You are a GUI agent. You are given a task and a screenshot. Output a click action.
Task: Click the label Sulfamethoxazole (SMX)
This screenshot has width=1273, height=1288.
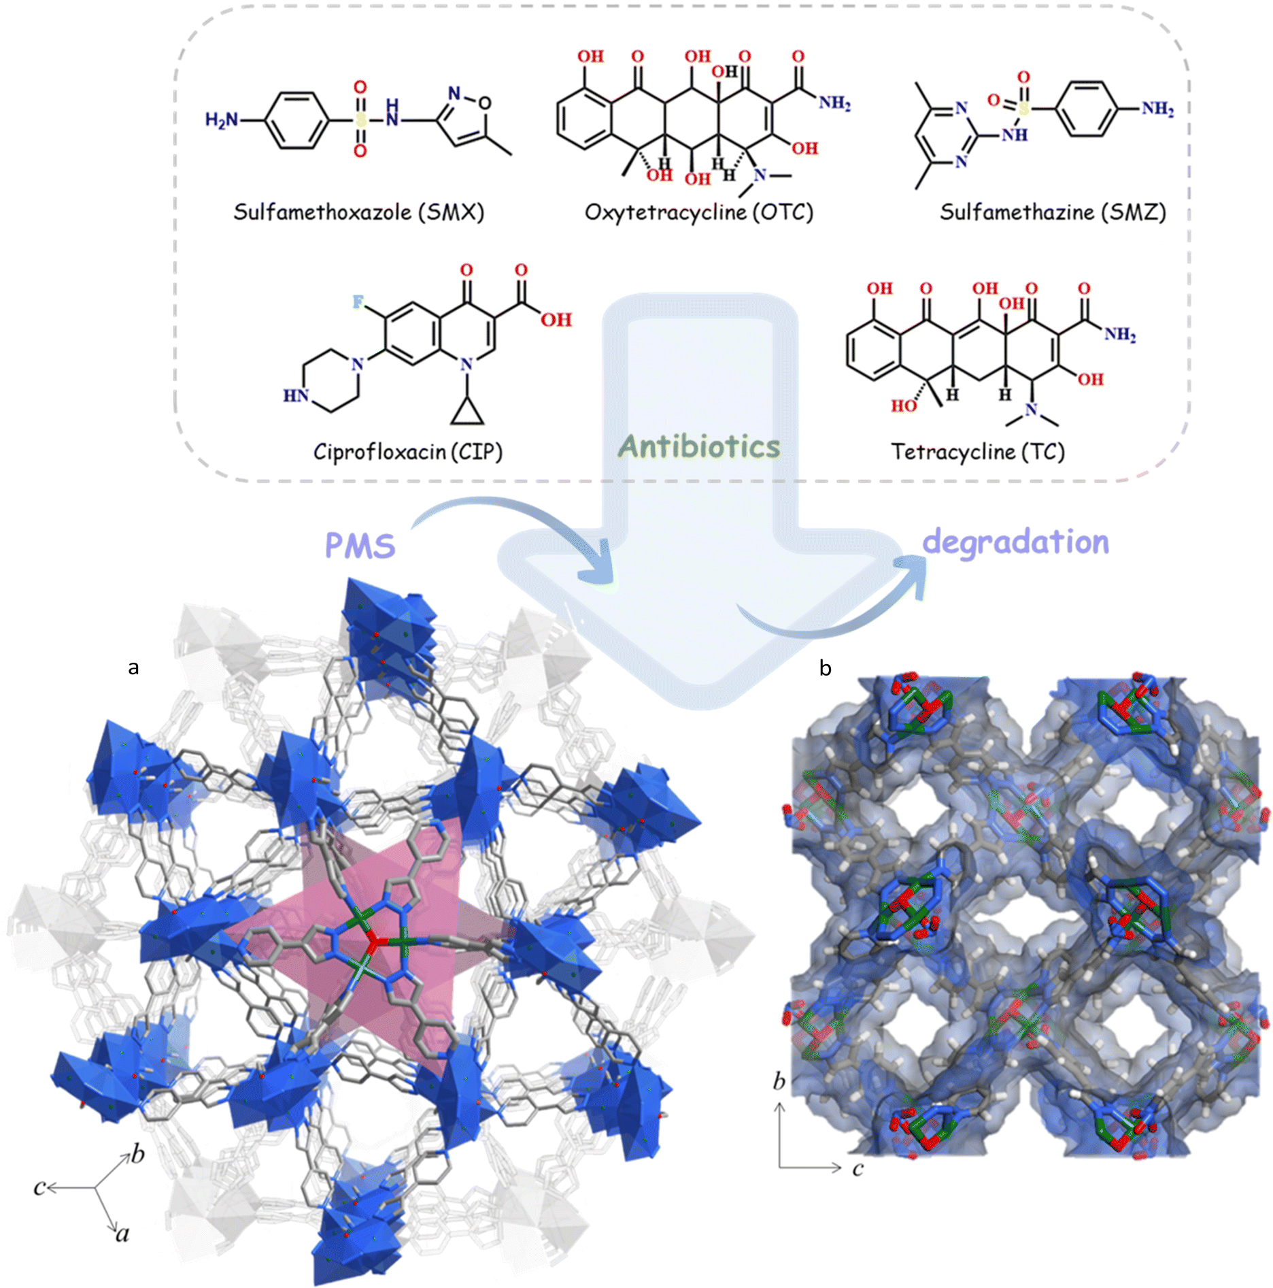[x=359, y=212]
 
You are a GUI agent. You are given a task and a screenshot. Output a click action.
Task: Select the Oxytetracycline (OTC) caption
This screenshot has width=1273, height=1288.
[x=699, y=212]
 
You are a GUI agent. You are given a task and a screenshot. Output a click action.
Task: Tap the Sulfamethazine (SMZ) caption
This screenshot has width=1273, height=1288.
[x=1053, y=212]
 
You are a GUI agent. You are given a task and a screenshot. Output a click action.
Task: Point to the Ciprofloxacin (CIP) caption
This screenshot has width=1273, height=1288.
[x=408, y=452]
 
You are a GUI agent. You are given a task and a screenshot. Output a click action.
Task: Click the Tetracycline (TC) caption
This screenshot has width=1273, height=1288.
[x=978, y=452]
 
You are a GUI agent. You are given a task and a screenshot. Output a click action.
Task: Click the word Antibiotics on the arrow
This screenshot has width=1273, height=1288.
[x=699, y=447]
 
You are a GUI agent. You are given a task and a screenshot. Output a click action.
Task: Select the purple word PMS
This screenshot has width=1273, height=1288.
[x=360, y=546]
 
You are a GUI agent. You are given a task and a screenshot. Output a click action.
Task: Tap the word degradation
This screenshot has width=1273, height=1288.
[x=1016, y=542]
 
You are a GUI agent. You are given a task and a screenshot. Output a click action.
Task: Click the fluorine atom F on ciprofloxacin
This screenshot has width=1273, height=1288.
[x=358, y=301]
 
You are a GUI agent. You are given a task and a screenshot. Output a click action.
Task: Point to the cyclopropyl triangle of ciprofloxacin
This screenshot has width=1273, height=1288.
[x=467, y=412]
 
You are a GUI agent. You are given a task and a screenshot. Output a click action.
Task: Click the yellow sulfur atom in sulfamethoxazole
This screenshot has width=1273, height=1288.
[x=360, y=120]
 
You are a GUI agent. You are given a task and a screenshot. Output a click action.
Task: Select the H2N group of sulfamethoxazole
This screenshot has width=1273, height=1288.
[x=222, y=120]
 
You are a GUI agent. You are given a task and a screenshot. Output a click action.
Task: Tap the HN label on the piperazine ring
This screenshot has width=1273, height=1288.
[x=296, y=395]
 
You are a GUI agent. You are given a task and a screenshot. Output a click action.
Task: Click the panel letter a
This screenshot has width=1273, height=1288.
[x=133, y=668]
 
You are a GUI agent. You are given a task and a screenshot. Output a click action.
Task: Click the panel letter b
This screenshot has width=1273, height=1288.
[x=826, y=668]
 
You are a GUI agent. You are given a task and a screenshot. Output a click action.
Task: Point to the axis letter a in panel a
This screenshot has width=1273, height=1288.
[x=122, y=1234]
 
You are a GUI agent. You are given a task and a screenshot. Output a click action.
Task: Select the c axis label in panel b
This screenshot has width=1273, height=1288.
[x=858, y=1168]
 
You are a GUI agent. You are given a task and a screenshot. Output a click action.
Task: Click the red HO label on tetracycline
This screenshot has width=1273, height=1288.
[x=904, y=406]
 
